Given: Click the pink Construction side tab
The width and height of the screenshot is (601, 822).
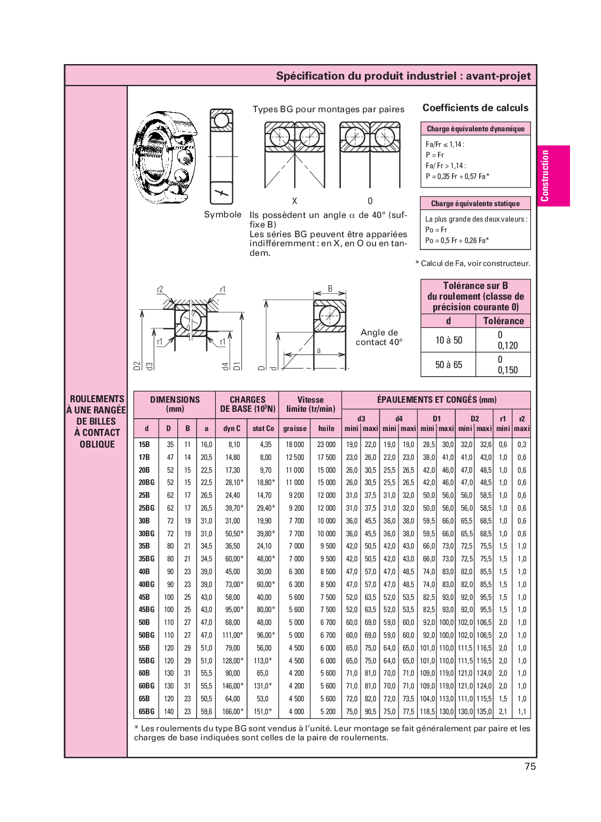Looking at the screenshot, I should click(553, 176).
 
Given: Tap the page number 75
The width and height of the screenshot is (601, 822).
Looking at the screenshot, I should click(530, 766).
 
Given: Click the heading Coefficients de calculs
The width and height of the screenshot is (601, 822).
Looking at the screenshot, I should click(475, 108).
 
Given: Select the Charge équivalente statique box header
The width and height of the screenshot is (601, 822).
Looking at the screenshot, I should click(475, 203).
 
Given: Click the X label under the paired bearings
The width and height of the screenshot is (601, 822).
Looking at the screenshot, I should click(294, 201).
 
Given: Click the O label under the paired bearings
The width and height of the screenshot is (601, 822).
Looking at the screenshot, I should click(370, 201).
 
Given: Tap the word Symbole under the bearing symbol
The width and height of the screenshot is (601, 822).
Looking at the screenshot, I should click(223, 215).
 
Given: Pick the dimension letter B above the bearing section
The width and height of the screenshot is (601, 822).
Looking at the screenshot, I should click(330, 288).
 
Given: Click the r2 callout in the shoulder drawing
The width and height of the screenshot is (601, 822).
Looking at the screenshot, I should click(160, 289).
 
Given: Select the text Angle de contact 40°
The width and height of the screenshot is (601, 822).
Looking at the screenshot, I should click(379, 337).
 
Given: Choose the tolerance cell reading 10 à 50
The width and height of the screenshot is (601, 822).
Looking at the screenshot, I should click(448, 340).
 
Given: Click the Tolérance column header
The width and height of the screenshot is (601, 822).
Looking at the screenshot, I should click(503, 321).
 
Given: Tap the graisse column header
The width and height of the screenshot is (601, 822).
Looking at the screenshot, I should click(295, 428).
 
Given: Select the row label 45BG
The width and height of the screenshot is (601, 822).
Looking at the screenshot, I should click(146, 609).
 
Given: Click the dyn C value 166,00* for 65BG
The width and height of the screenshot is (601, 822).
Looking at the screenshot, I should click(233, 711).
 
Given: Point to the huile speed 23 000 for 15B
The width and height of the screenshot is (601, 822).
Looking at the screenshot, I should click(326, 444).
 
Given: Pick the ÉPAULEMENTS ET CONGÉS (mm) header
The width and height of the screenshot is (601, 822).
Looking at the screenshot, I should click(436, 400).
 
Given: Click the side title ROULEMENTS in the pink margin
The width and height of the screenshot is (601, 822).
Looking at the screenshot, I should click(97, 399).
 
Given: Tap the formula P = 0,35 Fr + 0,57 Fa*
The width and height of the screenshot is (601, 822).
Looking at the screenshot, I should click(457, 176).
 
